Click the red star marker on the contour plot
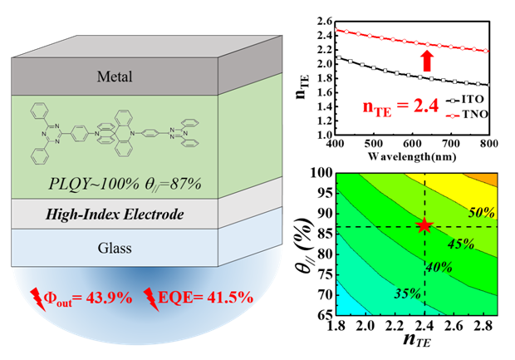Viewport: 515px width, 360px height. point(424,226)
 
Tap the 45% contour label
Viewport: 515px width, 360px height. point(462,245)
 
